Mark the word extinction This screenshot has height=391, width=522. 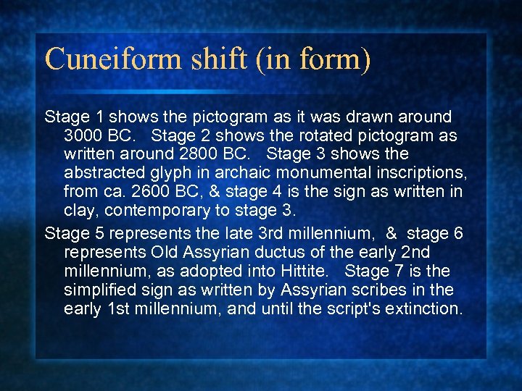pyautogui.click(x=423, y=308)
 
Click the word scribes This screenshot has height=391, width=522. pyautogui.click(x=381, y=290)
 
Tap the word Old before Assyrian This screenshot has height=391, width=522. pyautogui.click(x=167, y=252)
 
